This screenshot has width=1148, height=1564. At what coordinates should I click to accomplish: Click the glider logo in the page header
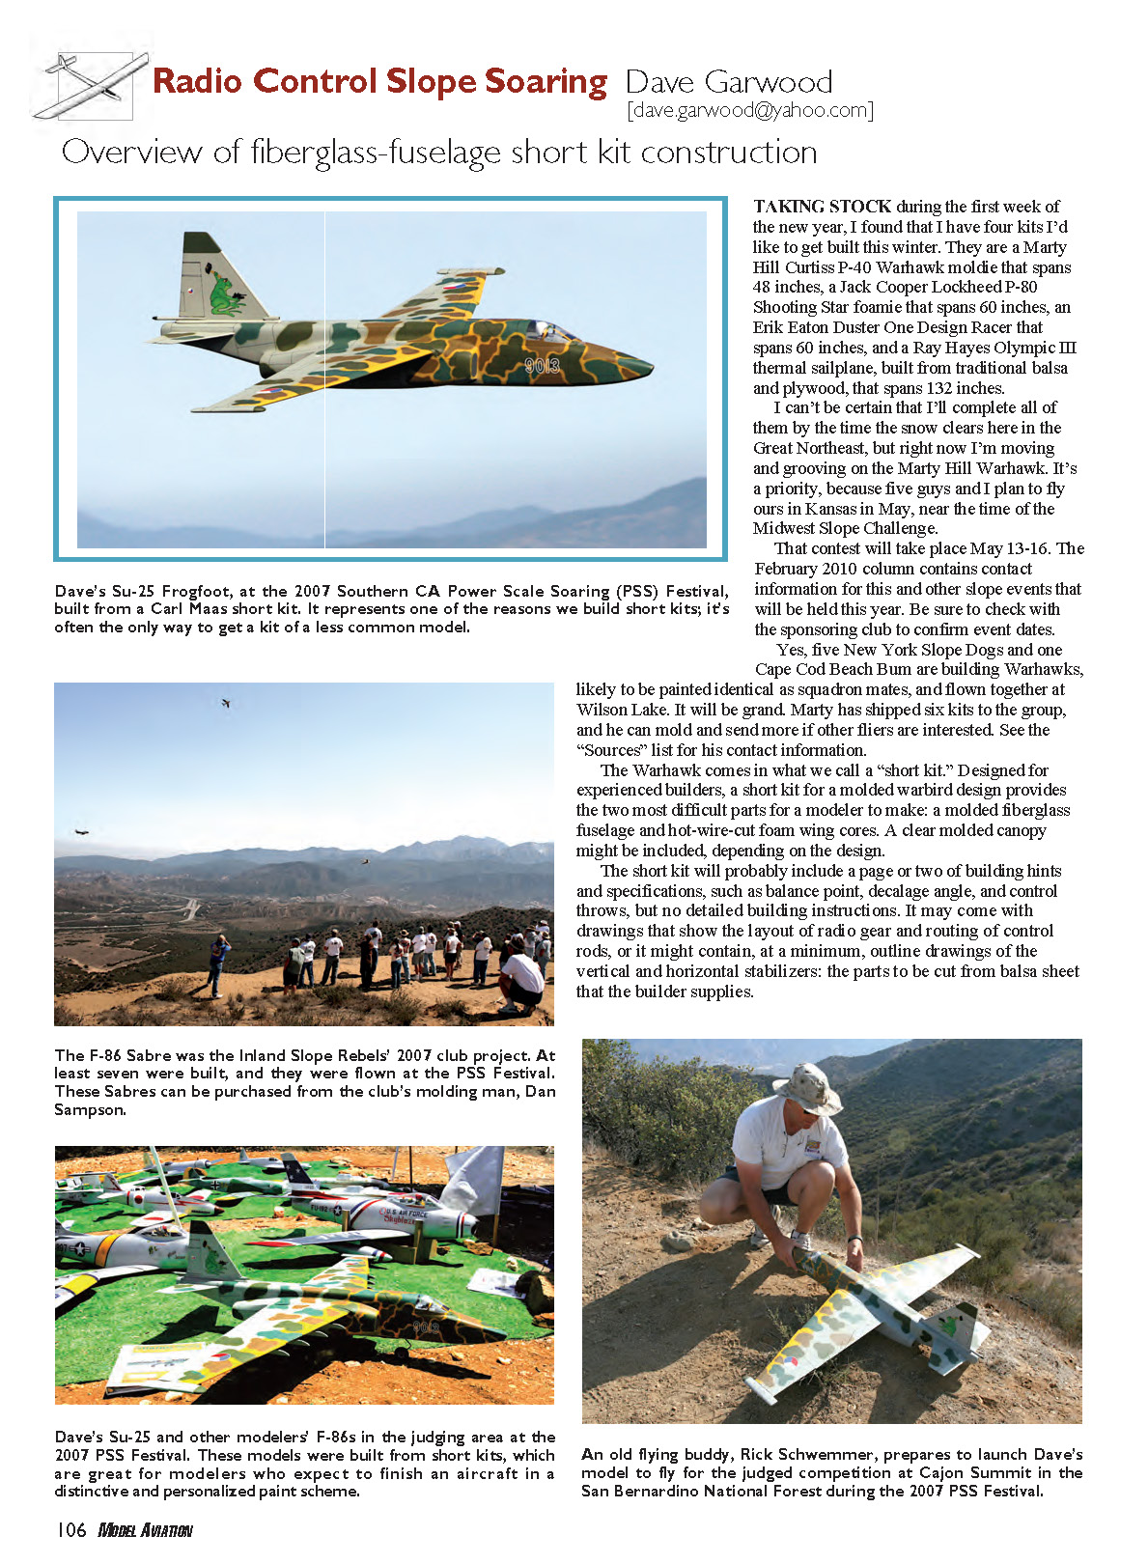pos(90,86)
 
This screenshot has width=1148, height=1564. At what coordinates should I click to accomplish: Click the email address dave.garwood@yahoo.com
pos(750,110)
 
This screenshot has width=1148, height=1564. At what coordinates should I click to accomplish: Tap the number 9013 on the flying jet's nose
pos(543,366)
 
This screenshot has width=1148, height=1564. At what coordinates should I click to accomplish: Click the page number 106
pos(71,1530)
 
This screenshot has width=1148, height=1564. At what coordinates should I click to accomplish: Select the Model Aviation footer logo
pos(146,1530)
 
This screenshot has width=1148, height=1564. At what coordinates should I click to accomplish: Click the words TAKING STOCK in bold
pos(822,207)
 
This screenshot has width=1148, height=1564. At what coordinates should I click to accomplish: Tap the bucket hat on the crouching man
pos(807,1086)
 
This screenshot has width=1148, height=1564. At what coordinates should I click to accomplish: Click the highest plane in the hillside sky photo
pos(226,703)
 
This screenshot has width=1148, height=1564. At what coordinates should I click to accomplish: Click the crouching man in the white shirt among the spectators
pos(522,977)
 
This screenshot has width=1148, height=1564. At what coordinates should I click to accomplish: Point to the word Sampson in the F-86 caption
pos(90,1110)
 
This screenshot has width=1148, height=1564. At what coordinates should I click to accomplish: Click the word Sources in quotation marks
pos(612,750)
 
